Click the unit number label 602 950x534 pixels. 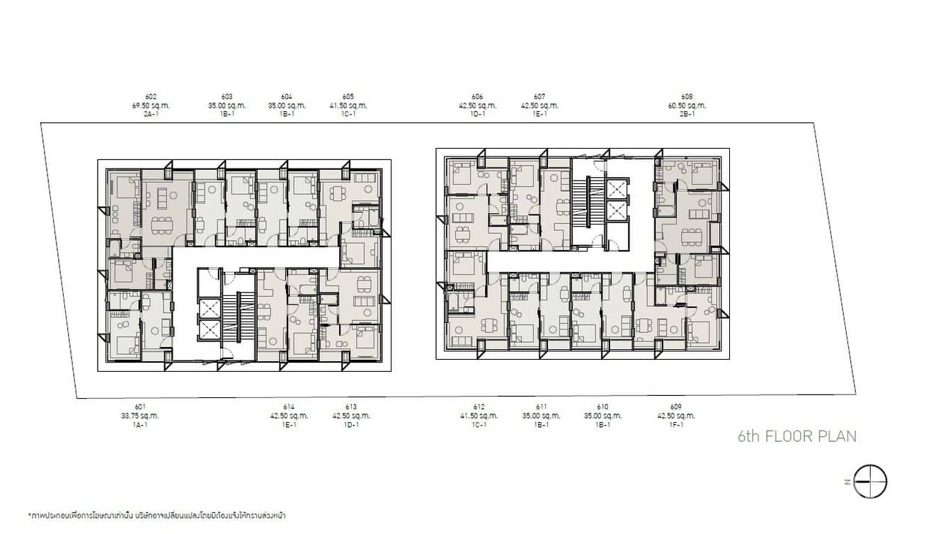150,97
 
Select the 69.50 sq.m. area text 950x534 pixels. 150,106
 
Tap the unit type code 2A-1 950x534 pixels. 150,114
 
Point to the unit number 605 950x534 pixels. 348,97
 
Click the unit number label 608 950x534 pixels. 687,97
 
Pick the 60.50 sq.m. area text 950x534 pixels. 687,106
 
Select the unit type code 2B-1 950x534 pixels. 687,114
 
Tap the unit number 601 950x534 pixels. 140,407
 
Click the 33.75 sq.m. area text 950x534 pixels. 140,416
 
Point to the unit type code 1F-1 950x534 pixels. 675,424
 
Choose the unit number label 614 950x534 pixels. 288,407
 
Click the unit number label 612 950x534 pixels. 479,407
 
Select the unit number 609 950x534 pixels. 675,407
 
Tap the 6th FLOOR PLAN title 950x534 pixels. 796,436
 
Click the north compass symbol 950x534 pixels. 870,482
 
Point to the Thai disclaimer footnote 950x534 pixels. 156,516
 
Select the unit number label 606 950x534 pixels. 477,97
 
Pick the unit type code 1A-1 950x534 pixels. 140,424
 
